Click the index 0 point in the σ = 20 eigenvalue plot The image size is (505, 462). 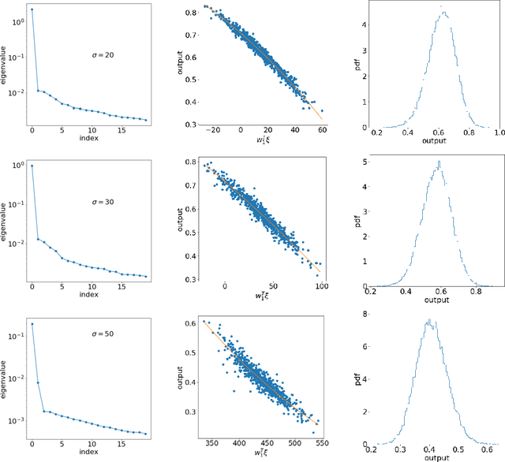[32, 9]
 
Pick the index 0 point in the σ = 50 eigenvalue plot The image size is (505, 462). [32, 324]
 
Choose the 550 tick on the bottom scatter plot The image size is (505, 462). [324, 443]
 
